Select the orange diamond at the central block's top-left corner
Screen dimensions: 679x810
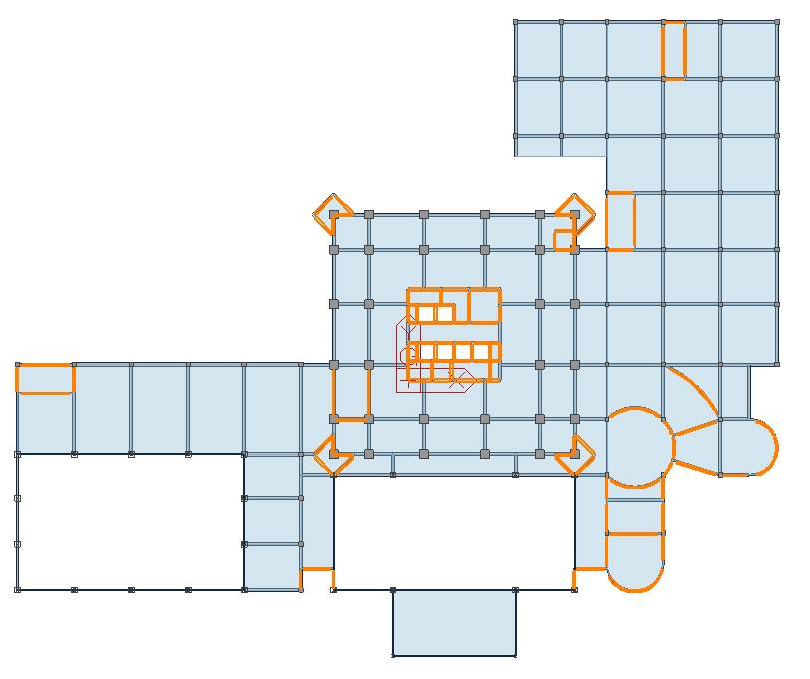click(x=333, y=213)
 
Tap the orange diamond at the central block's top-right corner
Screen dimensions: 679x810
click(x=575, y=212)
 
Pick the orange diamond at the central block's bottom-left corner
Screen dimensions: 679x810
click(x=333, y=455)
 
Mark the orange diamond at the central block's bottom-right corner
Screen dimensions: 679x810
click(x=575, y=455)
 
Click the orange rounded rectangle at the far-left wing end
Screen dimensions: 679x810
click(x=45, y=379)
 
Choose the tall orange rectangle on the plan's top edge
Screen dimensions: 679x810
click(x=674, y=50)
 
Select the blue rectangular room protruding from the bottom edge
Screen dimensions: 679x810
click(x=454, y=622)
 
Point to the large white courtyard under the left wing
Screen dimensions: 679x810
click(x=130, y=521)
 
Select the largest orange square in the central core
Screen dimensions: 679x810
click(x=485, y=306)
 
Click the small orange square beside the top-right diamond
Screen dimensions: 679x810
click(x=564, y=240)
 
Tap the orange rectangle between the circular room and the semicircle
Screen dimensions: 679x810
click(x=635, y=517)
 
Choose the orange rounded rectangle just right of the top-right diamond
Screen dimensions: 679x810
click(x=620, y=221)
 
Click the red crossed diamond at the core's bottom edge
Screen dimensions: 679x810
click(x=460, y=380)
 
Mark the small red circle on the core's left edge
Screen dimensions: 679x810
click(x=407, y=355)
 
